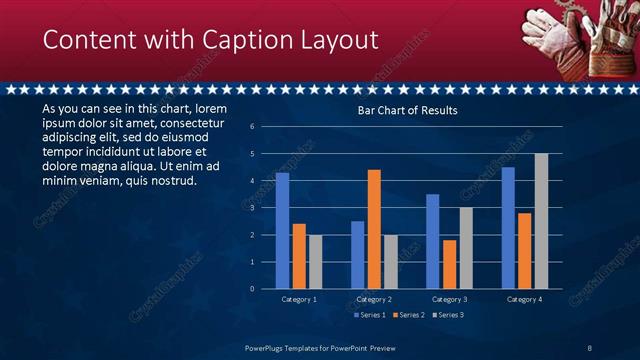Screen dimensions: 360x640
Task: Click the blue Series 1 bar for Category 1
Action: pyautogui.click(x=282, y=231)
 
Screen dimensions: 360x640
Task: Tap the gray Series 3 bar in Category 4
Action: pyautogui.click(x=541, y=221)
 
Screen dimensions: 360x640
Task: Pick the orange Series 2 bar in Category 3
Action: pyautogui.click(x=449, y=264)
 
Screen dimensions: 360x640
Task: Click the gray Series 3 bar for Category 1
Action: pyautogui.click(x=316, y=262)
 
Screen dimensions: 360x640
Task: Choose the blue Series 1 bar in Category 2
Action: pyautogui.click(x=357, y=255)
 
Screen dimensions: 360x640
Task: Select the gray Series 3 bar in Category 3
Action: pyautogui.click(x=466, y=248)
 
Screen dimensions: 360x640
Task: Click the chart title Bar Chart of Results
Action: pyautogui.click(x=408, y=111)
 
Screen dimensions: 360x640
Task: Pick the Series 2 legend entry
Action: pyautogui.click(x=408, y=315)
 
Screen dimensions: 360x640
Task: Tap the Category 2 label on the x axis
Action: pyautogui.click(x=374, y=299)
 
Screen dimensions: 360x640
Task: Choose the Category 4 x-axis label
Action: pyautogui.click(x=524, y=299)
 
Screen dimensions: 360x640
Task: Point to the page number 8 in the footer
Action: pyautogui.click(x=590, y=347)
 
